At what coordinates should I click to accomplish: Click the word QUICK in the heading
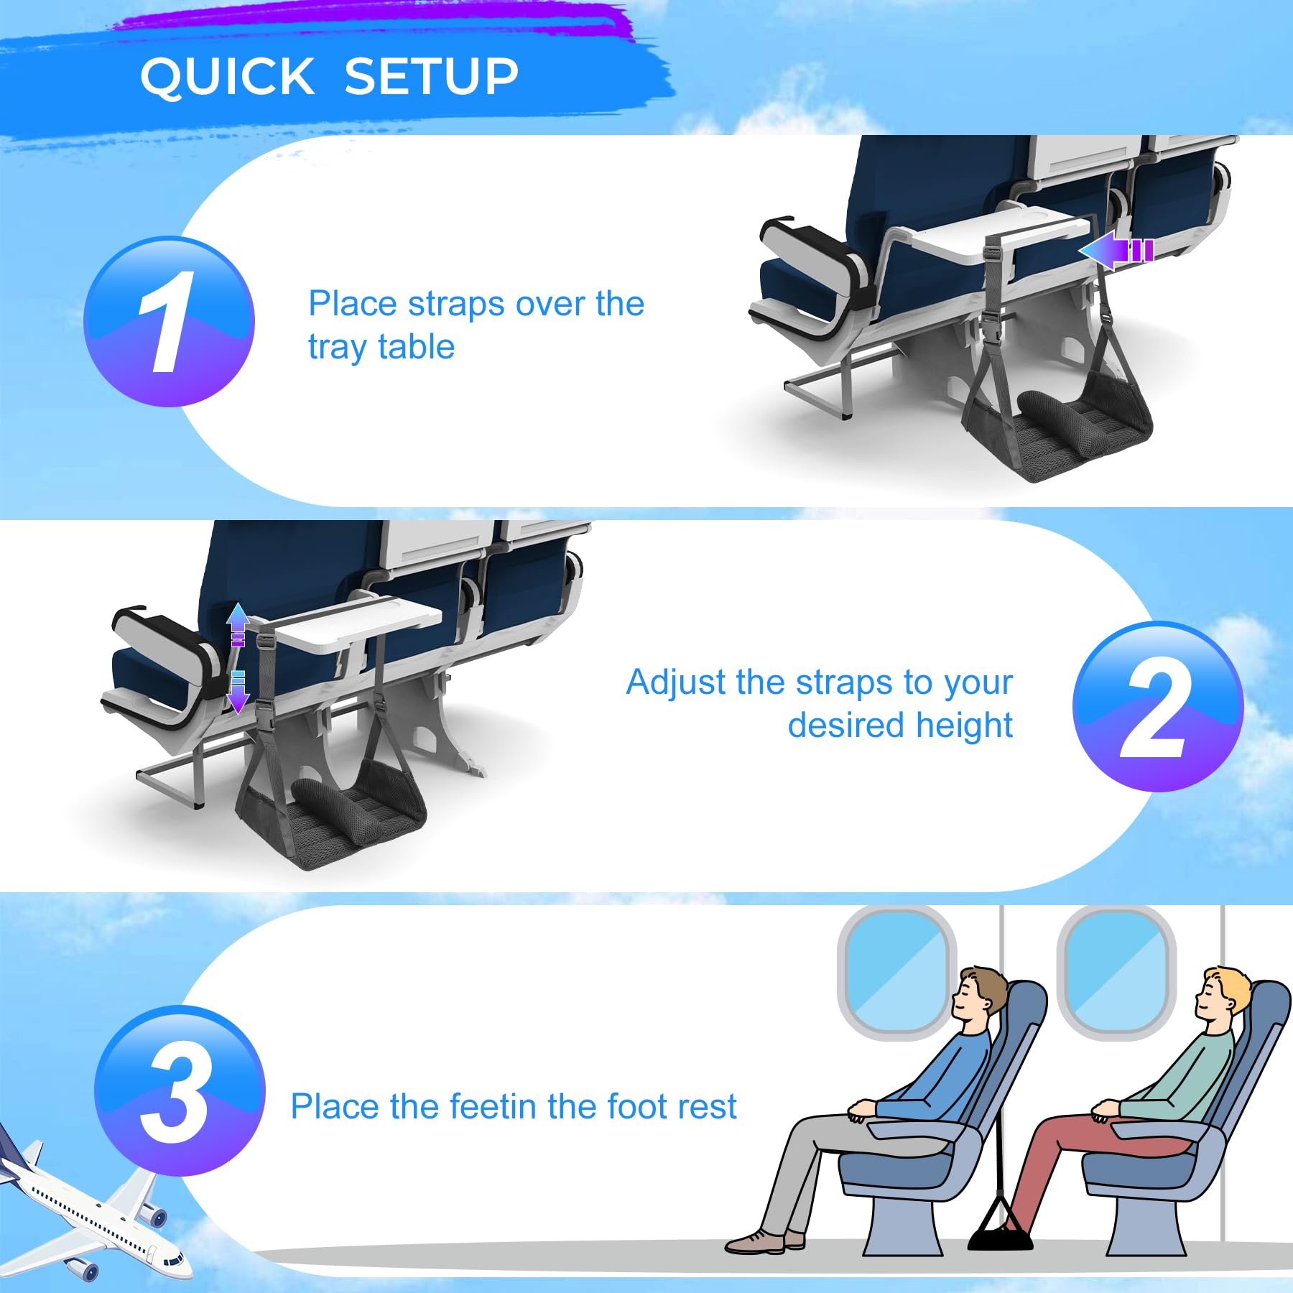coord(228,76)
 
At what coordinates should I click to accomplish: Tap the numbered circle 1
coord(170,321)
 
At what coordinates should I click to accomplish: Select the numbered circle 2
coord(1158,707)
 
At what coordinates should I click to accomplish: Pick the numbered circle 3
coord(180,1090)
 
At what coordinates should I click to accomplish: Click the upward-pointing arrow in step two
coord(238,624)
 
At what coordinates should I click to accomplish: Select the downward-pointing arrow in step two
coord(238,692)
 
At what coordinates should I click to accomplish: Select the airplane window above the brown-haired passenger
coord(897,973)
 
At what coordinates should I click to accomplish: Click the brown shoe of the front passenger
coord(754,1241)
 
